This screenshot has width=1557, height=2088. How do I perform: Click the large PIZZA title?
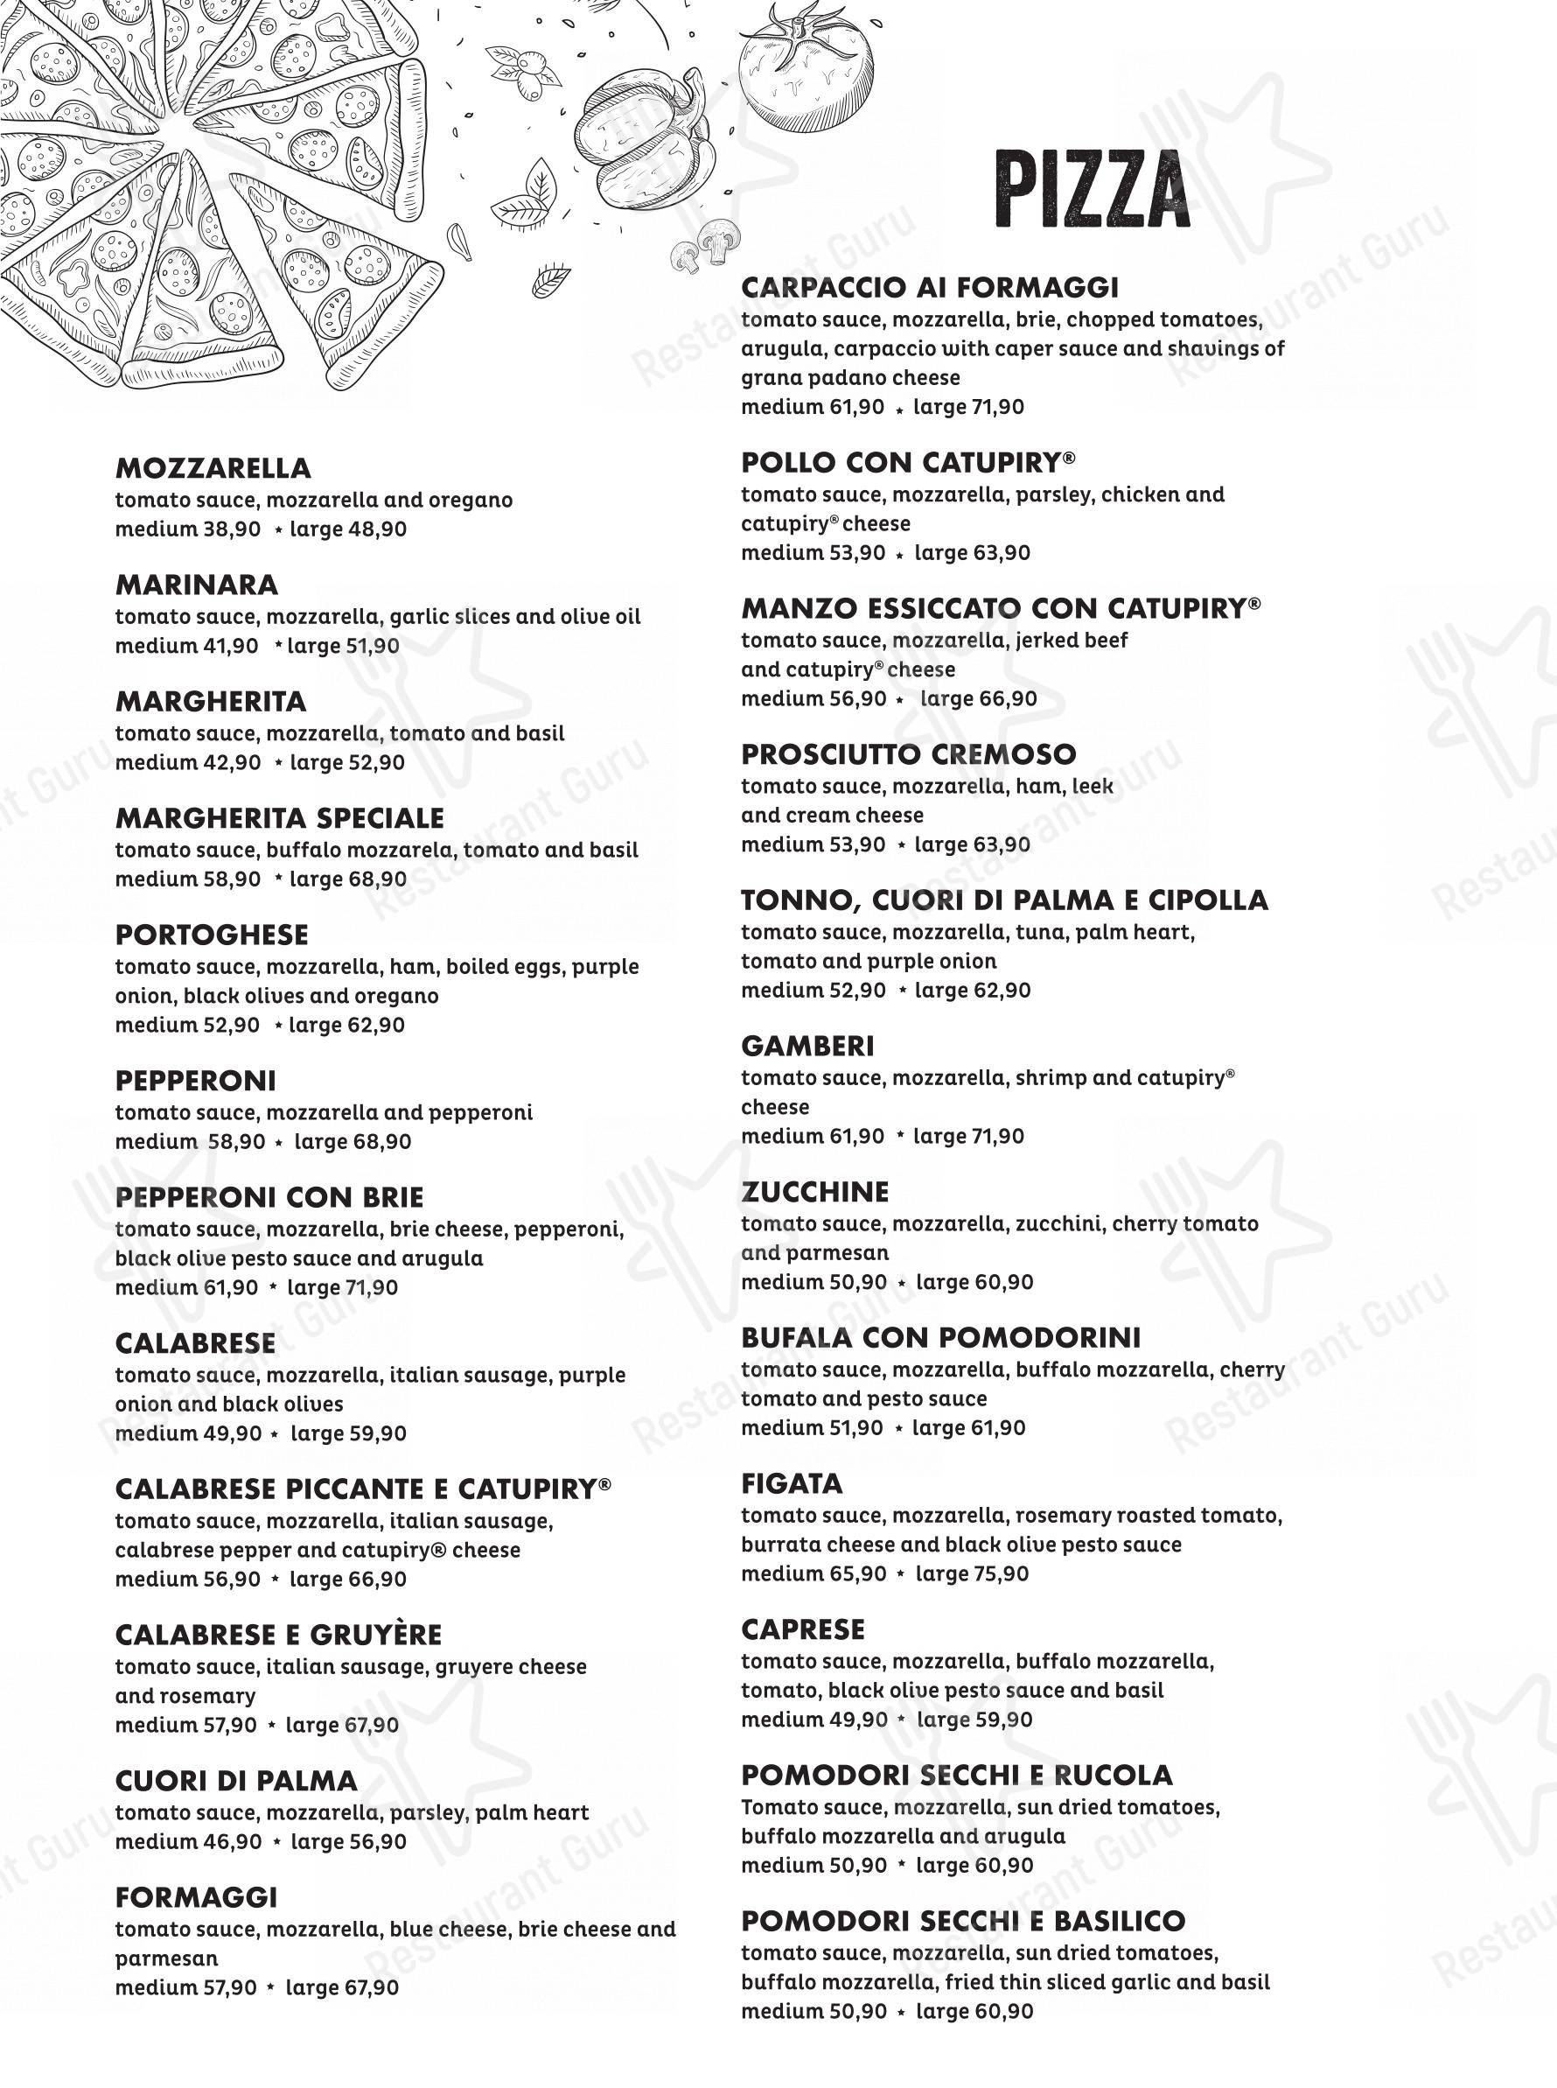pyautogui.click(x=1092, y=191)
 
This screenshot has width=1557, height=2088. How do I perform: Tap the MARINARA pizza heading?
pyautogui.click(x=196, y=585)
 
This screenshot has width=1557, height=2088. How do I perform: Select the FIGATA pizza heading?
pyautogui.click(x=792, y=1484)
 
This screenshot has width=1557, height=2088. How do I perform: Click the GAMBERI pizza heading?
pyautogui.click(x=806, y=1047)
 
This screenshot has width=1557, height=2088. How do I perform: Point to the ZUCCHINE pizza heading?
pyautogui.click(x=814, y=1193)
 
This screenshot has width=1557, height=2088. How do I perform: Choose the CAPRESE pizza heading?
pyautogui.click(x=802, y=1629)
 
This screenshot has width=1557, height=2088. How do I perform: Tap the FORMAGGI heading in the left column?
pyautogui.click(x=196, y=1896)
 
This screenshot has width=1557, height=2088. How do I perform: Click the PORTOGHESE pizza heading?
pyautogui.click(x=211, y=935)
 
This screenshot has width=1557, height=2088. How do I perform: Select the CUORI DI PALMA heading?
pyautogui.click(x=235, y=1781)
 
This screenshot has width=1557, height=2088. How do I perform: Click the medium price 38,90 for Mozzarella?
pyautogui.click(x=232, y=529)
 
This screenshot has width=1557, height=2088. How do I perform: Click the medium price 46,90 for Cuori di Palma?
pyautogui.click(x=232, y=1841)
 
